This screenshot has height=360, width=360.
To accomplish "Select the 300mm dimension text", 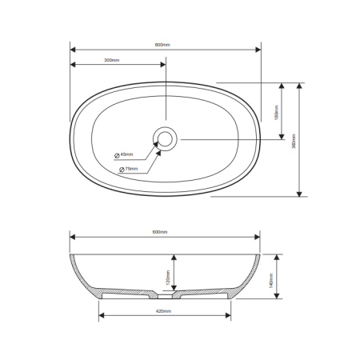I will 111,60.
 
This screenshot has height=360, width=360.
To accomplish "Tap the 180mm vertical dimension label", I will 276,113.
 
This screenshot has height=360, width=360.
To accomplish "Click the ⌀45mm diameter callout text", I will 126,154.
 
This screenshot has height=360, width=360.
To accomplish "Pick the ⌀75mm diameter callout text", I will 129,170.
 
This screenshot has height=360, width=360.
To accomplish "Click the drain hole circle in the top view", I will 165,139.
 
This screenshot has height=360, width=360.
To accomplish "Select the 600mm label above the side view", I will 161,232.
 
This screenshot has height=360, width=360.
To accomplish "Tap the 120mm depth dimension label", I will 166,277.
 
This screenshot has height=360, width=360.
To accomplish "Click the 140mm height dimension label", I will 271,278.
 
